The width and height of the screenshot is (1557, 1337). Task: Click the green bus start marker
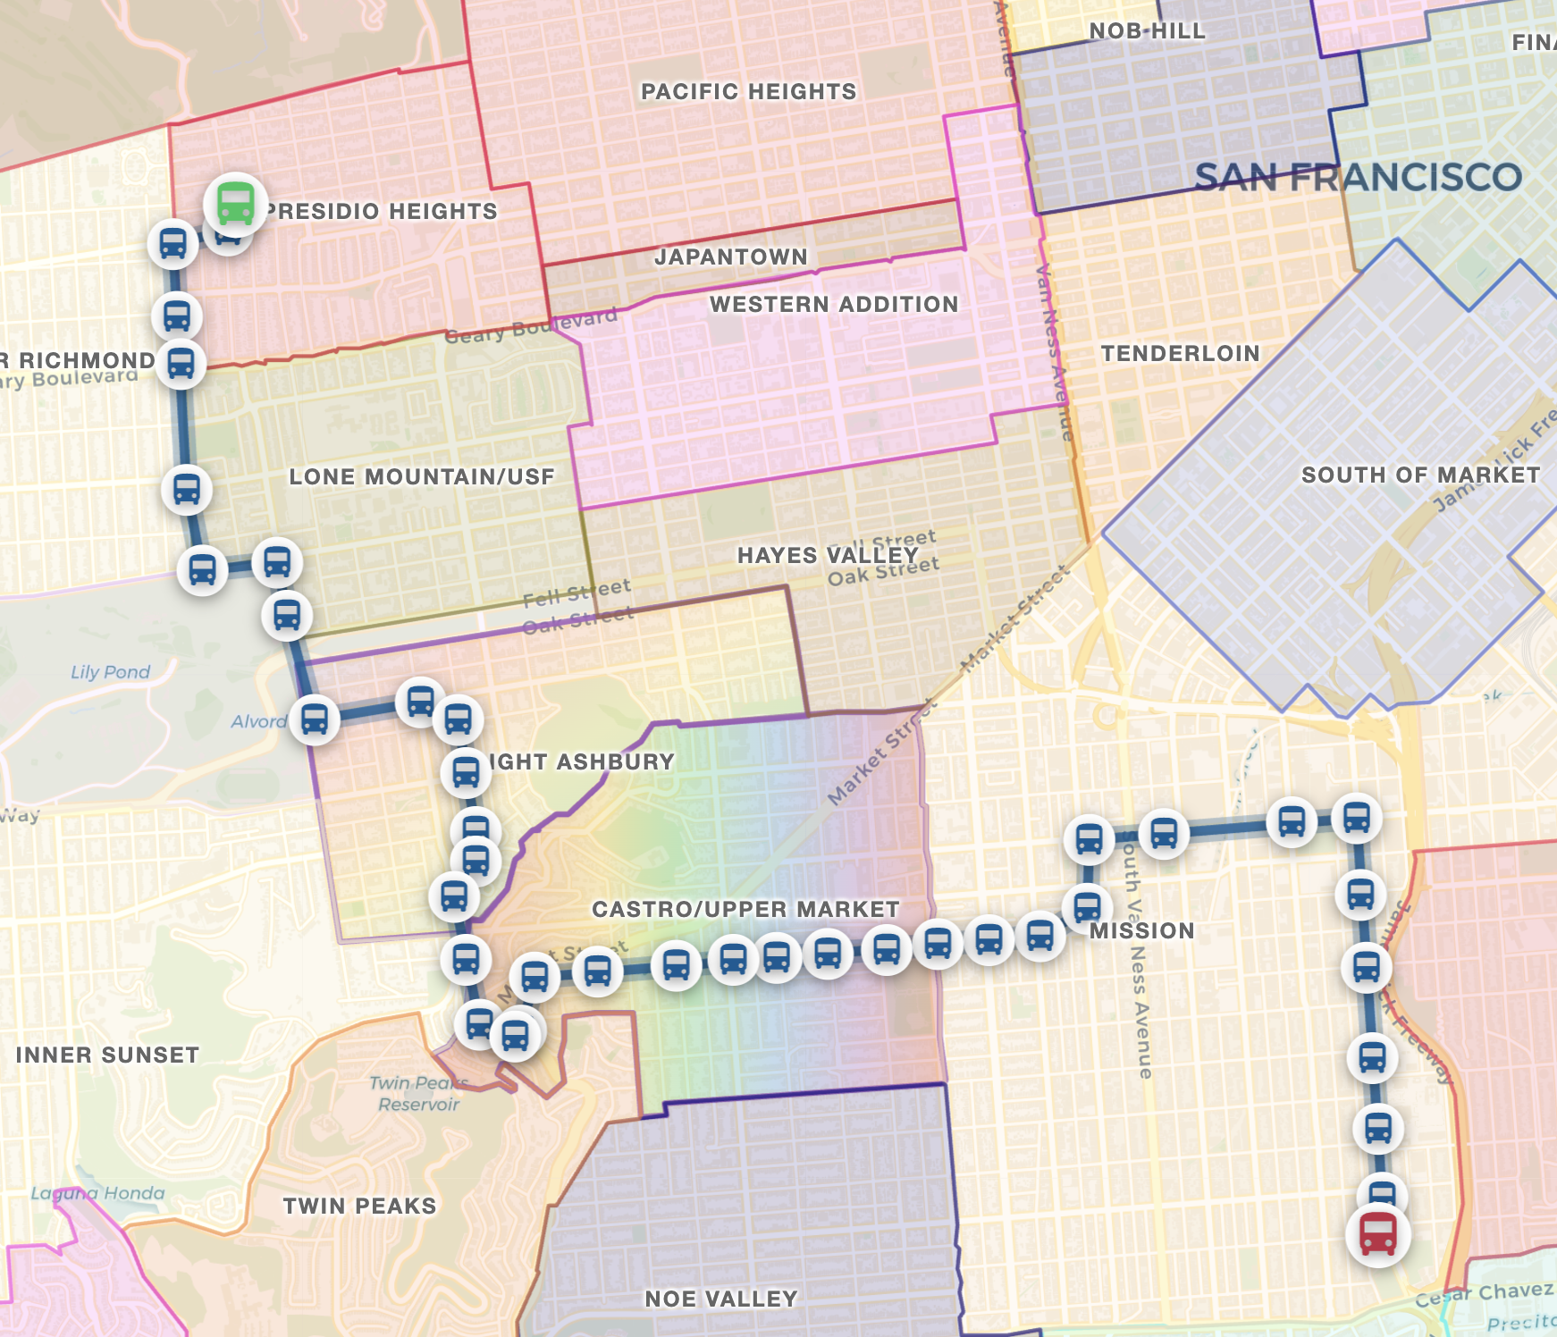coord(235,203)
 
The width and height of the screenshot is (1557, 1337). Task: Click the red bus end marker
coord(1377,1234)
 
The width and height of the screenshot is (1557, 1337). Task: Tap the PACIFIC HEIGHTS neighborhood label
coord(748,91)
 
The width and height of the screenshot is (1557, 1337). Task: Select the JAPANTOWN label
coord(730,256)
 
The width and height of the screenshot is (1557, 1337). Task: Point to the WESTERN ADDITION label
coord(833,304)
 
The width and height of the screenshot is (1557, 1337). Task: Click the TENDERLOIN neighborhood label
coord(1180,353)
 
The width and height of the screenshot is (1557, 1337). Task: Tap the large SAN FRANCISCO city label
coord(1358,177)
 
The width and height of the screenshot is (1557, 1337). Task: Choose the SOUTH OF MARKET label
coord(1420,475)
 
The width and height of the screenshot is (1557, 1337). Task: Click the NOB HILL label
coord(1147,30)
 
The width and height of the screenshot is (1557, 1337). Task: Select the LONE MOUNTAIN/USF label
coord(421,476)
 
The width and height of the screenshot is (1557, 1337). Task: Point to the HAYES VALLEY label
coord(828,555)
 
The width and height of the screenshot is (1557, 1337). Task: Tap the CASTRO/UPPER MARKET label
coord(745,909)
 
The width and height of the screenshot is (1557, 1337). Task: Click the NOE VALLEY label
coord(720,1299)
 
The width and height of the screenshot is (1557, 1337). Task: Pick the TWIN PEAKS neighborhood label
coord(359,1206)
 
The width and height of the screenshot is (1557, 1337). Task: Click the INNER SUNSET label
coord(107,1055)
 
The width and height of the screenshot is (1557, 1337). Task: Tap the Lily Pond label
coord(110,672)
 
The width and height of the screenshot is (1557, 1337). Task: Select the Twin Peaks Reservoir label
coord(417,1094)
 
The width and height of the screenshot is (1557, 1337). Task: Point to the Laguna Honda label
coord(97,1193)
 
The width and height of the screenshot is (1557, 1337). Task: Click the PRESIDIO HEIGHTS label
coord(382,211)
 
